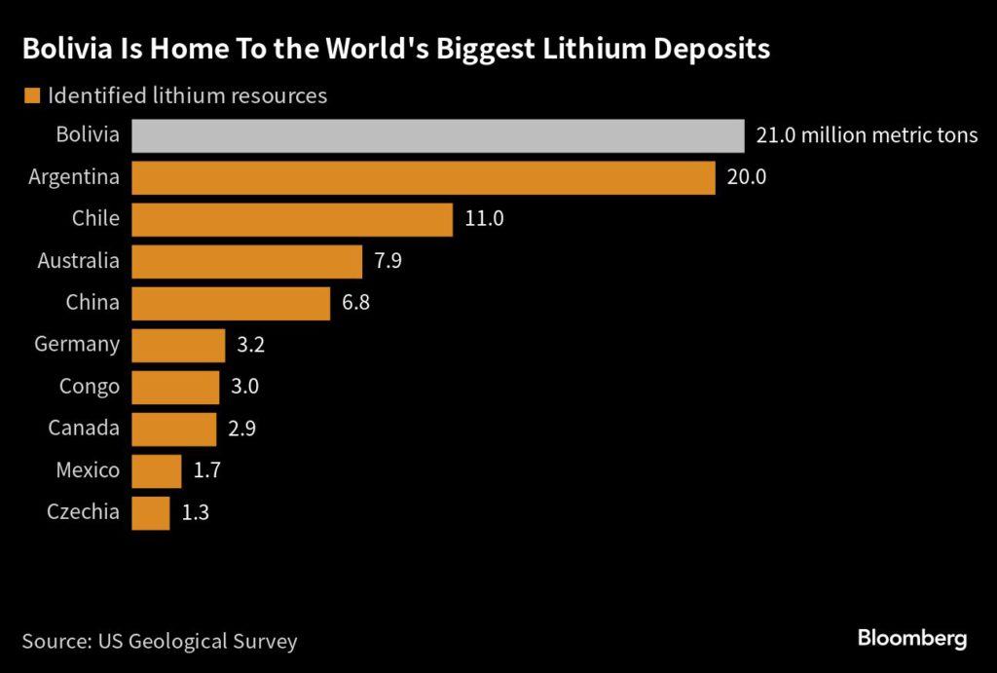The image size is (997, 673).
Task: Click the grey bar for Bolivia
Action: point(437,135)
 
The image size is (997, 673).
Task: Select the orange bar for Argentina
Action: point(423,177)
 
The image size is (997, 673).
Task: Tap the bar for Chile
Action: point(291,219)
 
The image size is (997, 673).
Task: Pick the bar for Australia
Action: point(246,261)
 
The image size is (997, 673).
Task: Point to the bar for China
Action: point(231,303)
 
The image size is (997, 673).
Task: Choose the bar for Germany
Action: point(178,345)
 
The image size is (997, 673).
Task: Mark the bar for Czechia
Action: point(150,512)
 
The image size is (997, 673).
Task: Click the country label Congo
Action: point(90,387)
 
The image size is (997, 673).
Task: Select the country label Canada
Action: point(85,429)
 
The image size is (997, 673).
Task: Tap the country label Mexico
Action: point(88,470)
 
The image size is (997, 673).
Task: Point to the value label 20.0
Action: point(746,177)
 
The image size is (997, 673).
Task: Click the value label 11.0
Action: point(484,219)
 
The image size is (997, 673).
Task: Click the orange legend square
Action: point(30,95)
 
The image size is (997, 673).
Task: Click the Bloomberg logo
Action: point(911,639)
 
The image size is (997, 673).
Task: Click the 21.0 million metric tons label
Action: point(867,135)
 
